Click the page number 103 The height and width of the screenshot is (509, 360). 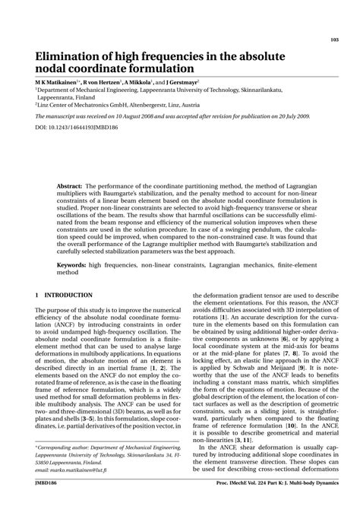pos(334,40)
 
